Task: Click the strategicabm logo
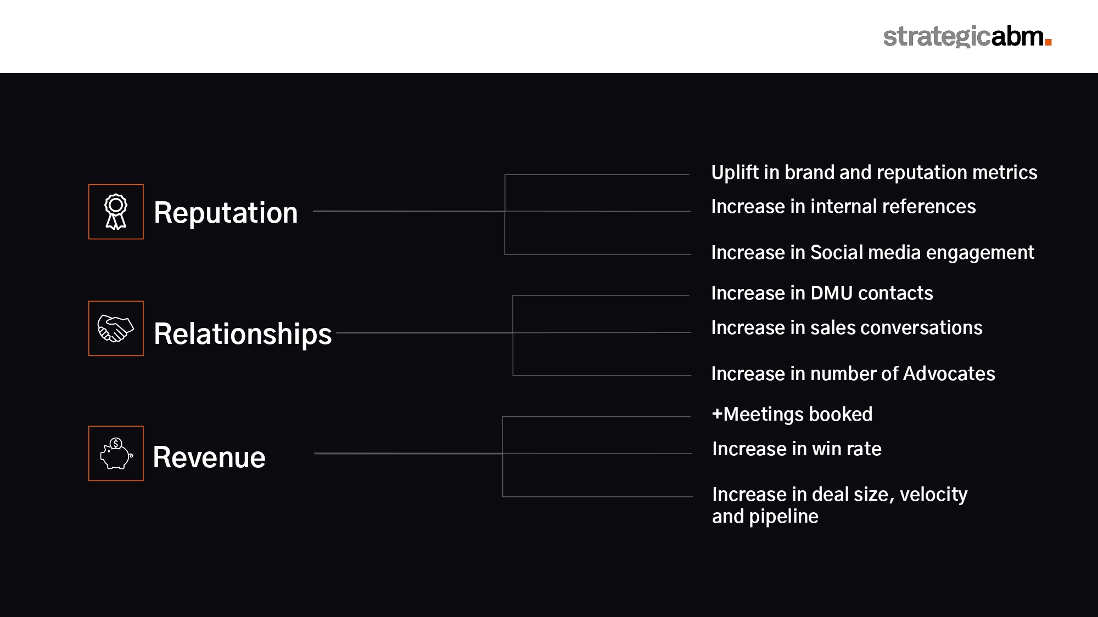(967, 36)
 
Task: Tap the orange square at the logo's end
(1048, 42)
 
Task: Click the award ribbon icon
(116, 212)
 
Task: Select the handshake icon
(116, 329)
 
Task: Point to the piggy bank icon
(116, 454)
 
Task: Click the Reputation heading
(226, 213)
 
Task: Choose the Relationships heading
(243, 333)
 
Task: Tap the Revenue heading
(209, 457)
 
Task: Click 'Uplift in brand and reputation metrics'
(874, 172)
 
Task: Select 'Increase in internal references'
(843, 206)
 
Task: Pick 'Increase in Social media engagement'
(872, 252)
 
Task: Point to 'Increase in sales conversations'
(847, 327)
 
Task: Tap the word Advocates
(949, 373)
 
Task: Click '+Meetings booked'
(792, 414)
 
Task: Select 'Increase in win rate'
(797, 449)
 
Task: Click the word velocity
(933, 494)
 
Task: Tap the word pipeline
(783, 517)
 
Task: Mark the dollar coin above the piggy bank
(116, 443)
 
